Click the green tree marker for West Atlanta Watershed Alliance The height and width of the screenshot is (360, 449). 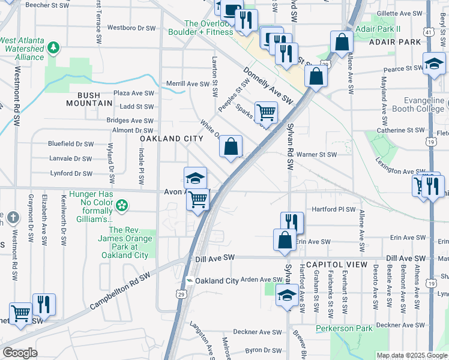(54, 47)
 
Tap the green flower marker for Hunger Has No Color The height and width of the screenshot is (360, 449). (122, 206)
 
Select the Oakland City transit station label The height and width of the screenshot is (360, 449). (217, 281)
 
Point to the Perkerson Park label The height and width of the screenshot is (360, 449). (345, 328)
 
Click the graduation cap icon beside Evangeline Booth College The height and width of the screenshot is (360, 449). (434, 63)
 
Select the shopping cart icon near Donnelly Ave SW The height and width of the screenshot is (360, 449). (266, 111)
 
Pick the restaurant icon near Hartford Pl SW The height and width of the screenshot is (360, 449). (292, 221)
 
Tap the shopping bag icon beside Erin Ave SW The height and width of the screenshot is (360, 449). (285, 239)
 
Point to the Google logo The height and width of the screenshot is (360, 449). (20, 353)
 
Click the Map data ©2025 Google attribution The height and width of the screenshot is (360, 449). (412, 355)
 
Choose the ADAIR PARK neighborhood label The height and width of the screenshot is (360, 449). (395, 43)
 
